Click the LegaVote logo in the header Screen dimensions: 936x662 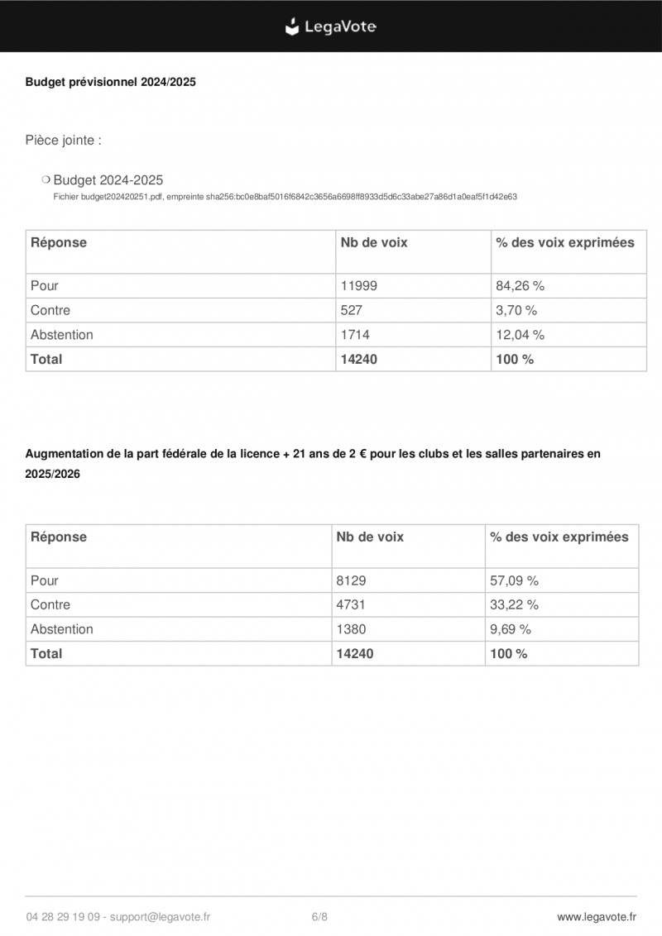pyautogui.click(x=331, y=26)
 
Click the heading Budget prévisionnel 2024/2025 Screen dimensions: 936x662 pyautogui.click(x=110, y=82)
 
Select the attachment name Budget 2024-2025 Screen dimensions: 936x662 pyautogui.click(x=108, y=179)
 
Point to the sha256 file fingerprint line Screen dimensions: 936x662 pyautogui.click(x=285, y=197)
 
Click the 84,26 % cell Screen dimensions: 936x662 pyautogui.click(x=520, y=286)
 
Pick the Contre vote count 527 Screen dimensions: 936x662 pyautogui.click(x=352, y=311)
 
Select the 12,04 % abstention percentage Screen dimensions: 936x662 pyautogui.click(x=520, y=335)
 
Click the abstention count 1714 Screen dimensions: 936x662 pyautogui.click(x=355, y=335)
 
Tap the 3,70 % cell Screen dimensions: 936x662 pyautogui.click(x=516, y=311)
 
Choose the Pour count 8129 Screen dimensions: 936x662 pyautogui.click(x=351, y=580)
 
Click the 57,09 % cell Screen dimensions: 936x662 pyautogui.click(x=515, y=580)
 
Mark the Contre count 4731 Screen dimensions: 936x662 pyautogui.click(x=351, y=604)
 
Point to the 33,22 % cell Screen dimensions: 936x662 pyautogui.click(x=515, y=604)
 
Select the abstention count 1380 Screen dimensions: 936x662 pyautogui.click(x=351, y=629)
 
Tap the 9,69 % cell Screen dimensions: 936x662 pyautogui.click(x=511, y=629)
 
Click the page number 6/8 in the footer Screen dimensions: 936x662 pyautogui.click(x=319, y=916)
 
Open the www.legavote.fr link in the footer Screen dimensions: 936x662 pyautogui.click(x=597, y=916)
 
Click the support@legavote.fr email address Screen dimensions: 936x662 pyautogui.click(x=160, y=916)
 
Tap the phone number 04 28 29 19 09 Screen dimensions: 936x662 pyautogui.click(x=64, y=916)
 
